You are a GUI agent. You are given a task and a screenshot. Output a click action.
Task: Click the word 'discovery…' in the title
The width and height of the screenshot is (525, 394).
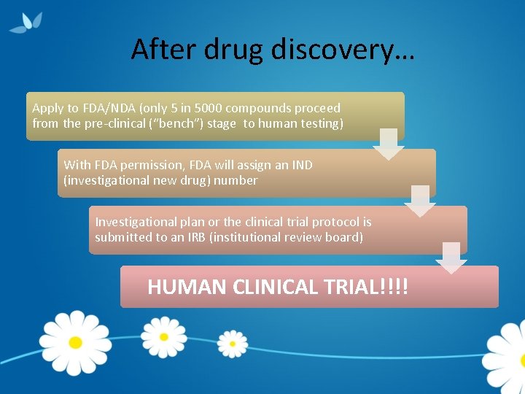(342, 50)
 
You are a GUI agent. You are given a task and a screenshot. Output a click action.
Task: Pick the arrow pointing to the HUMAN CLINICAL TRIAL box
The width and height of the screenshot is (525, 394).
(451, 258)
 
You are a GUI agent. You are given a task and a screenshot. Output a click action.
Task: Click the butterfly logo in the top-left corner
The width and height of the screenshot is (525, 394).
(28, 22)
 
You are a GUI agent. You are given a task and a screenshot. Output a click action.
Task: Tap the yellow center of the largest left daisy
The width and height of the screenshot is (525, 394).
(75, 341)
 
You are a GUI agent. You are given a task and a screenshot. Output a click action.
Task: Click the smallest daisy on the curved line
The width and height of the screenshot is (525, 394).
(233, 343)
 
